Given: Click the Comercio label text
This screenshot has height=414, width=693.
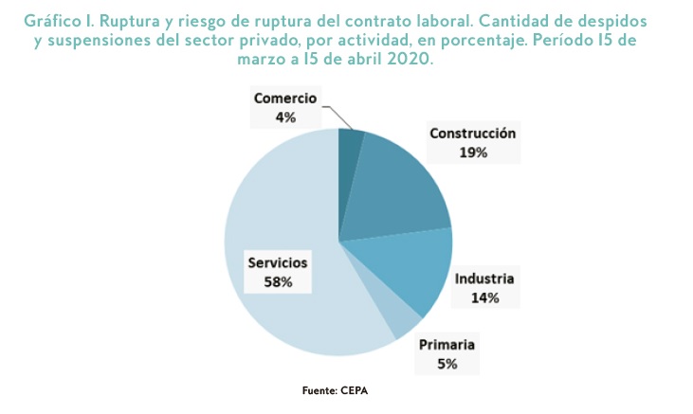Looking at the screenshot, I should (285, 99).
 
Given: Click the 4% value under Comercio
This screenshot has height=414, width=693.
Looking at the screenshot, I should (285, 117).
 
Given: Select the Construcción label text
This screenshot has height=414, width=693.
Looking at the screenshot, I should (472, 134).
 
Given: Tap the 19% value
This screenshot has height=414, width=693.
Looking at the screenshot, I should (472, 152).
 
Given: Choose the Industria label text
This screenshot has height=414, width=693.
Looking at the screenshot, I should (484, 279).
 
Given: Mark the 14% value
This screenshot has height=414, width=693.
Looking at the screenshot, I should (484, 297).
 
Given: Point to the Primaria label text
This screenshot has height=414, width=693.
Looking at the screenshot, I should (447, 344).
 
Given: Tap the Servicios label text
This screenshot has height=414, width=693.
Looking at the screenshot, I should (278, 262).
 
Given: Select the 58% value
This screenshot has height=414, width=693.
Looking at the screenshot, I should (278, 281).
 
